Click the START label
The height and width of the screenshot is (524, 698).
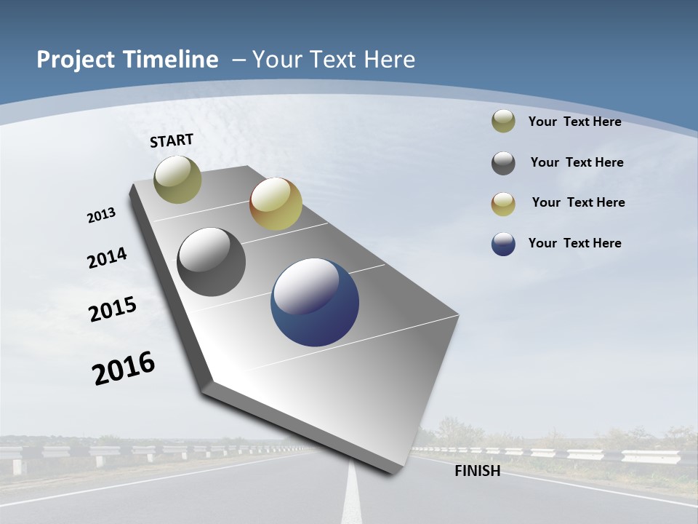[172, 140]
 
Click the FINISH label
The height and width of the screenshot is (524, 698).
[477, 471]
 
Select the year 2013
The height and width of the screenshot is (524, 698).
[101, 215]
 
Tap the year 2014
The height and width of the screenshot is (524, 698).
[107, 258]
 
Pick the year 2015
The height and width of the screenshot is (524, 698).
[113, 309]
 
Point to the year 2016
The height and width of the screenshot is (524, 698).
[124, 368]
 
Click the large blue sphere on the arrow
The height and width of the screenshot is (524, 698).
[315, 302]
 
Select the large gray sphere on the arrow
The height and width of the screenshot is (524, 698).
[212, 262]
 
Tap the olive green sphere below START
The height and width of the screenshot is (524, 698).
[177, 179]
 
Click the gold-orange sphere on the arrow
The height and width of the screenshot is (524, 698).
[276, 204]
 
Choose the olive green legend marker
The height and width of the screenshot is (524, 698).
[503, 122]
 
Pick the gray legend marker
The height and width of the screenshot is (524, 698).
[503, 163]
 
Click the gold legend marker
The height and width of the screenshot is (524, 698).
[503, 204]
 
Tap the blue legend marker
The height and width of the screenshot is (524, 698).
[503, 244]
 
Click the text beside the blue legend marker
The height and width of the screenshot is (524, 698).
[574, 243]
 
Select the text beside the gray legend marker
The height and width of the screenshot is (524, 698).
[577, 162]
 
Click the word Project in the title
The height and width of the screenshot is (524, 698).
[77, 60]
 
